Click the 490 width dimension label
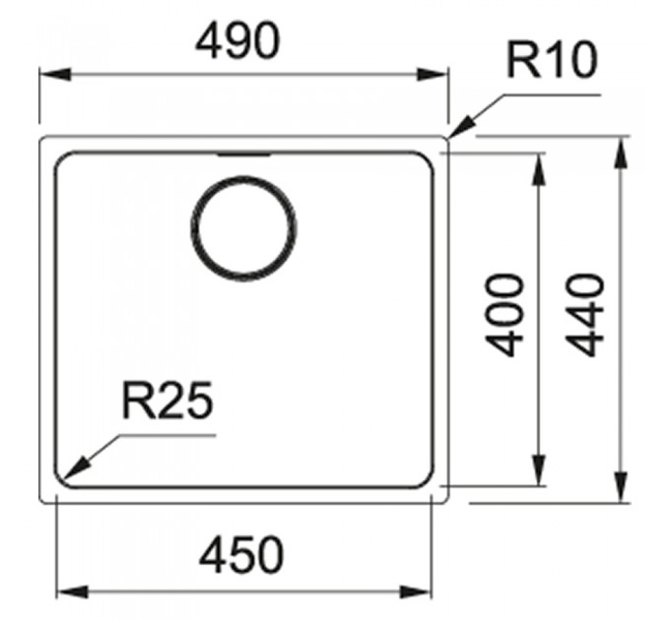pos(237,41)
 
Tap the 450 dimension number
pos(241,554)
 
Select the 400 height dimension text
pos(503,315)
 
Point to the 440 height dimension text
pos(584,315)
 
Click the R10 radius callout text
pos(552,60)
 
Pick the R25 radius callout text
pos(167,401)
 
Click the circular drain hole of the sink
pos(243,228)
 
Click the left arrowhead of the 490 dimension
pos(55,74)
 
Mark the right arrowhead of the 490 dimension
pos(432,74)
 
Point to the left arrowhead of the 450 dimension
pos(72,591)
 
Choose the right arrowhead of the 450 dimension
pos(416,591)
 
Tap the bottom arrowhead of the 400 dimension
pos(538,469)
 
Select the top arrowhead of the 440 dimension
pos(621,154)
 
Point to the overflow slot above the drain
pos(243,155)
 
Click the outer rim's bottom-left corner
pos(42,500)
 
